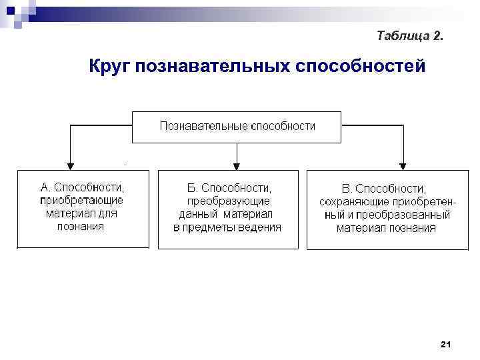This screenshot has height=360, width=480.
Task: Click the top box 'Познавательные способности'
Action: click(x=237, y=126)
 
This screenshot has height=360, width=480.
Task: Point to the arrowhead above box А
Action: click(x=69, y=165)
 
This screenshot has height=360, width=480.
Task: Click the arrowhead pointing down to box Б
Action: click(x=236, y=165)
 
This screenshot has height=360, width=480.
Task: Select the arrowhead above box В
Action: click(x=403, y=165)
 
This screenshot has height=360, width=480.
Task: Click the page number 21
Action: click(x=446, y=344)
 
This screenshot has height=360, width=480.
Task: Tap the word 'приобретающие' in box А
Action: click(x=81, y=200)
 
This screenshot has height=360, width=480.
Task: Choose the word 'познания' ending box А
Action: click(x=81, y=226)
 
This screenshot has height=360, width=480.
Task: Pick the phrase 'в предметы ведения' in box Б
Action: click(x=227, y=227)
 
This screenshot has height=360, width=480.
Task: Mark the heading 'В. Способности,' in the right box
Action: click(x=383, y=189)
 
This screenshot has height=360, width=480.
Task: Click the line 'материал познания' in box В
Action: click(x=386, y=228)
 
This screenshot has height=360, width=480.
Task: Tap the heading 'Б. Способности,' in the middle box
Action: click(x=227, y=188)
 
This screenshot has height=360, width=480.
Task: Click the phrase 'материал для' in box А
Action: click(x=81, y=213)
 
